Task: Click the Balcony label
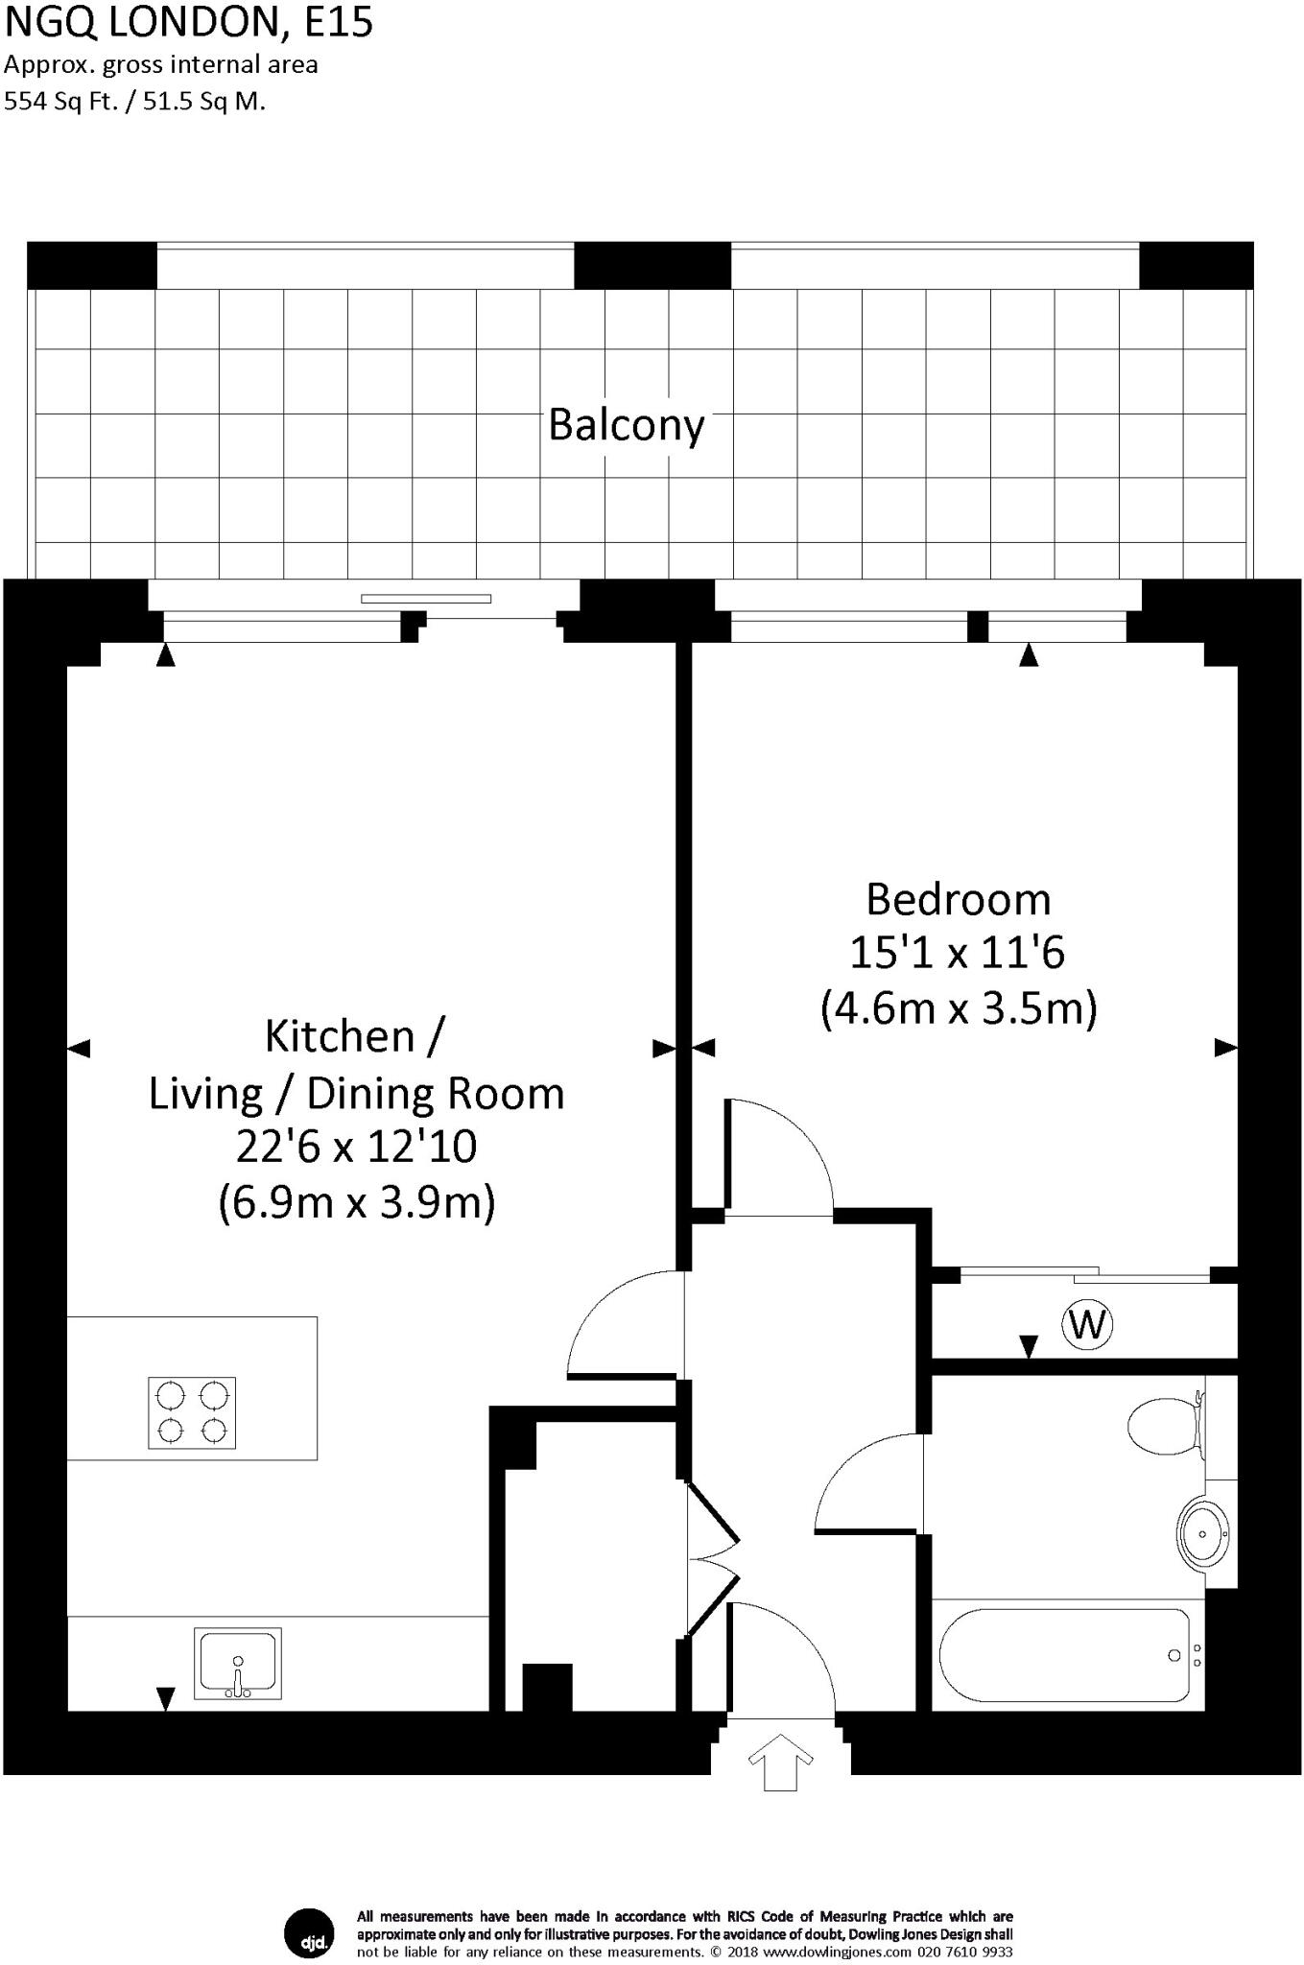pyautogui.click(x=626, y=424)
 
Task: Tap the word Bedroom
pyautogui.click(x=958, y=899)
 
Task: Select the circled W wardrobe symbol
pyautogui.click(x=1087, y=1324)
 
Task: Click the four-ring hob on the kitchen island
pyautogui.click(x=192, y=1412)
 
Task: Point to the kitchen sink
pyautogui.click(x=237, y=1663)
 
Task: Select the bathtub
pyautogui.click(x=1065, y=1655)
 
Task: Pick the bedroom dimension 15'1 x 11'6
pyautogui.click(x=958, y=953)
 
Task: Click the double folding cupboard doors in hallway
pyautogui.click(x=712, y=1559)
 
